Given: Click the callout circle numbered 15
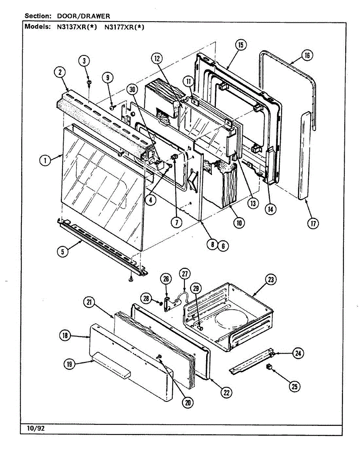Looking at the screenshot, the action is [x=241, y=45].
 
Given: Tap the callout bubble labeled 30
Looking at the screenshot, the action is [x=132, y=89].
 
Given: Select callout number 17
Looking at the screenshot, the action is [x=313, y=224].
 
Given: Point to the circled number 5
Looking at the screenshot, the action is [x=63, y=252].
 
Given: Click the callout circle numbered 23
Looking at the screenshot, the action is [x=271, y=280].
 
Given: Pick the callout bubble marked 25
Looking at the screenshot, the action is [x=294, y=387].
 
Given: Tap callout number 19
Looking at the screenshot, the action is [x=69, y=364].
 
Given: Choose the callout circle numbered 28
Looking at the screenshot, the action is [x=146, y=298].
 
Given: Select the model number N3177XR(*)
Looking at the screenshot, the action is [x=124, y=27].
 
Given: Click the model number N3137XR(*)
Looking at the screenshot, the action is [x=77, y=27].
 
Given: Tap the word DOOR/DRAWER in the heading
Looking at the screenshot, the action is [x=84, y=16].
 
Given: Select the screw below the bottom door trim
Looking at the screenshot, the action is [x=130, y=279].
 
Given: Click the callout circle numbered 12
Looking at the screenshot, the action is [x=157, y=58].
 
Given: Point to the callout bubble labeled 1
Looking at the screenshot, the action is [x=45, y=160].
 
